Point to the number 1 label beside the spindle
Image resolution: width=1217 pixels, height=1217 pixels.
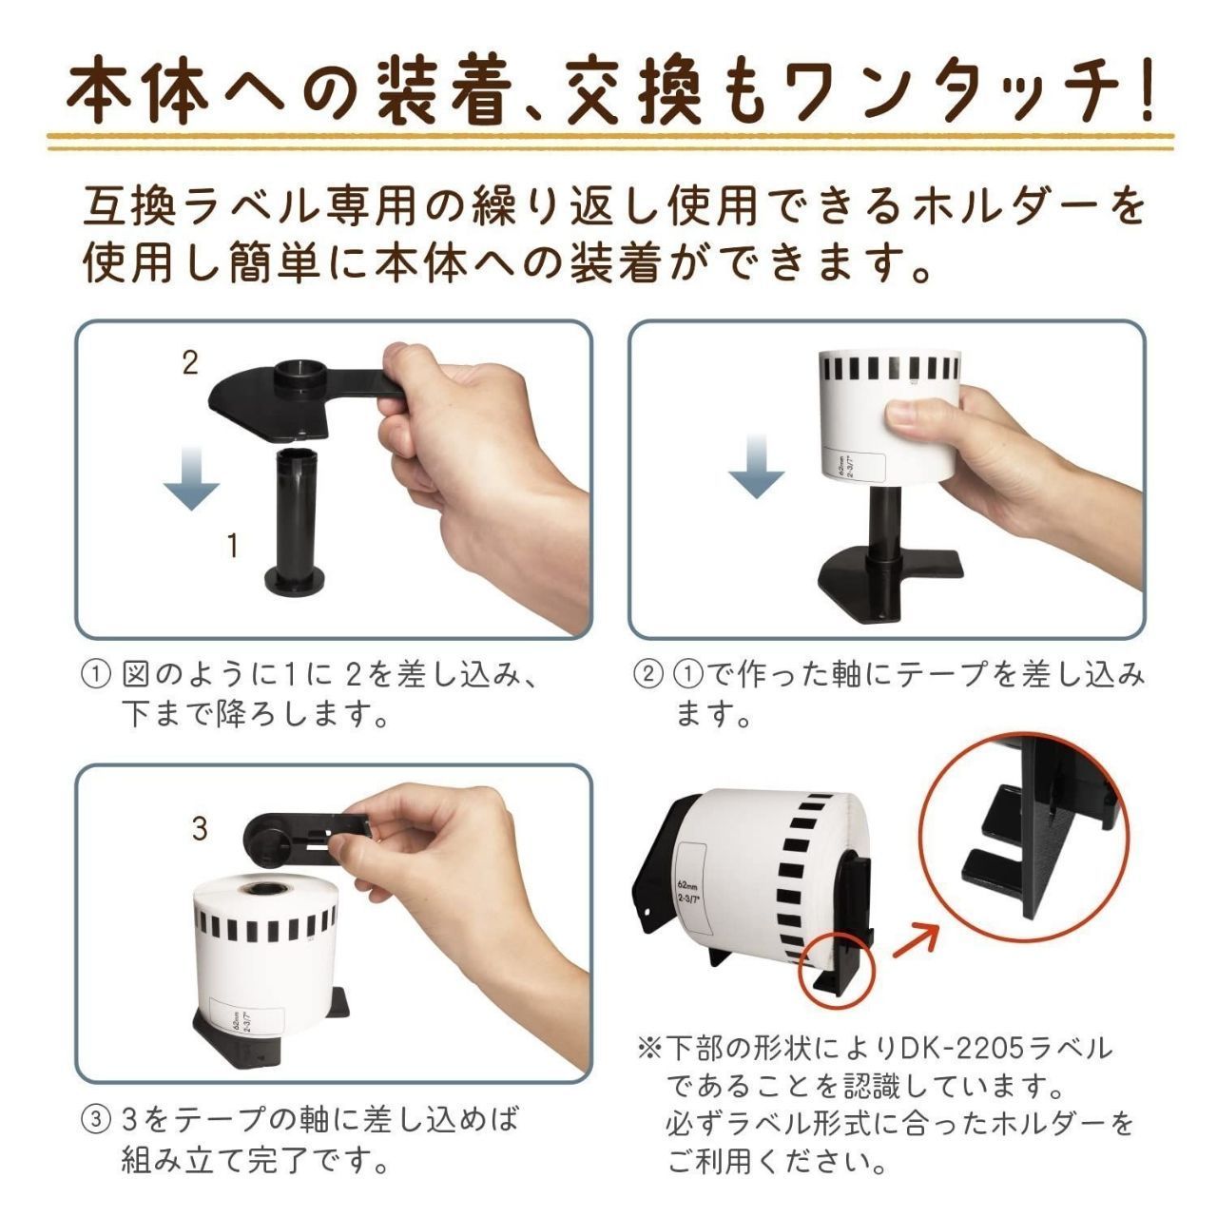tap(233, 545)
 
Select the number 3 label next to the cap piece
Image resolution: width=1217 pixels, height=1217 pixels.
tap(200, 828)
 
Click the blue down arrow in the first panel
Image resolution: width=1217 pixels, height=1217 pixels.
tap(191, 478)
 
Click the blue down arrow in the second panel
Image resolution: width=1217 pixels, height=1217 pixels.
tap(757, 467)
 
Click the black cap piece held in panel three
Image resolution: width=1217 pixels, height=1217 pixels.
tap(303, 834)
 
